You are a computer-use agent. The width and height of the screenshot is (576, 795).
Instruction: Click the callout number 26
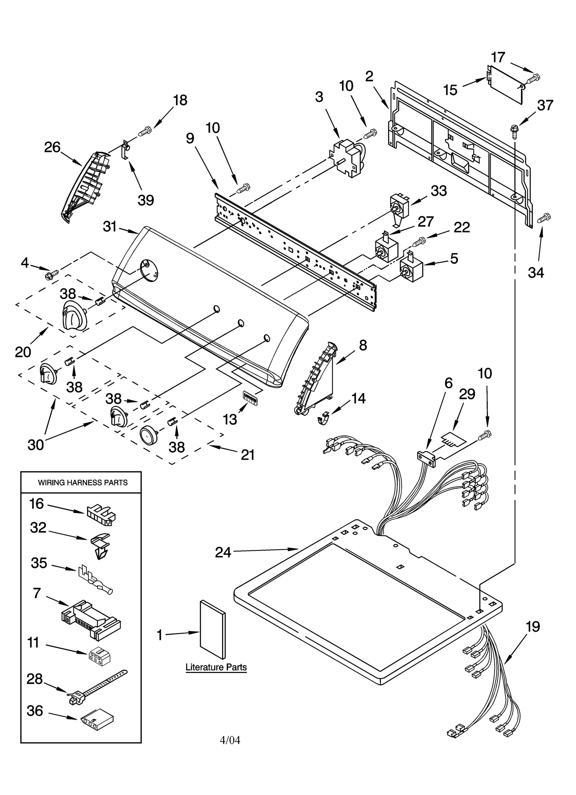tap(52, 147)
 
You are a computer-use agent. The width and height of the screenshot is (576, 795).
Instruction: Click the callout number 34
tap(536, 272)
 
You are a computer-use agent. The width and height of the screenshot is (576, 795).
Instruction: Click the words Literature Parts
tap(216, 667)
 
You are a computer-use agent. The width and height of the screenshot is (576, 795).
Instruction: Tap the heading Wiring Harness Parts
tap(83, 483)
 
